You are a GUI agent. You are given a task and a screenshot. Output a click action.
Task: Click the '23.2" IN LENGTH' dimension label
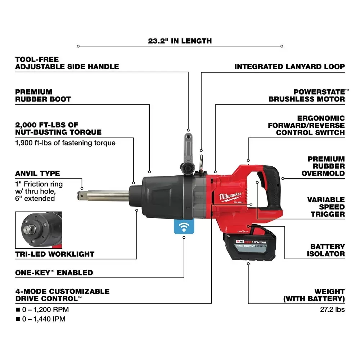tap(180, 41)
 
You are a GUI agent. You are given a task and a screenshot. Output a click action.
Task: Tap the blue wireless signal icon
tap(184, 226)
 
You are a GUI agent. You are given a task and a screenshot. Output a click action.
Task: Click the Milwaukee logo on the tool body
tap(230, 196)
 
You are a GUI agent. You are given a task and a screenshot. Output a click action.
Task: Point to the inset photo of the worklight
tap(39, 230)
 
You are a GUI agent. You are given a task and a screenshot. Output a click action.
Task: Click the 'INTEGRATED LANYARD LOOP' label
tap(289, 67)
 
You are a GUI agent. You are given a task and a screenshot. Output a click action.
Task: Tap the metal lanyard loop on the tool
tap(201, 163)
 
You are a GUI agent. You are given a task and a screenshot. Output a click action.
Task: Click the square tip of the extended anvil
tap(80, 196)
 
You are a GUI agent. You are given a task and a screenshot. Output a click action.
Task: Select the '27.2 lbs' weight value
tap(332, 309)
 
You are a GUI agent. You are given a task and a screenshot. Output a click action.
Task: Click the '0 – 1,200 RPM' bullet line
tap(42, 310)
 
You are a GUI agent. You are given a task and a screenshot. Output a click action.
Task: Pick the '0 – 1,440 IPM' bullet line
tap(41, 319)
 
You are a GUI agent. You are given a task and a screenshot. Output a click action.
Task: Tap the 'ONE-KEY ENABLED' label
tap(54, 273)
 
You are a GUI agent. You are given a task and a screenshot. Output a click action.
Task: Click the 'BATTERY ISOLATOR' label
tap(326, 250)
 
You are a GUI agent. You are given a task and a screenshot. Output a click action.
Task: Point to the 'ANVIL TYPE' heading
tap(38, 174)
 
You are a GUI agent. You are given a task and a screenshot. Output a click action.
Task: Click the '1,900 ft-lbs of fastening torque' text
tap(65, 143)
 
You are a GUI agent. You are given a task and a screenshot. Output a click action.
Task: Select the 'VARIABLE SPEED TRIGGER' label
tap(326, 207)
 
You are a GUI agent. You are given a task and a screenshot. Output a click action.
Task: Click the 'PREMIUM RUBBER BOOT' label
tap(43, 95)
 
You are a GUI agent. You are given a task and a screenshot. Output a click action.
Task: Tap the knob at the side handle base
tap(188, 168)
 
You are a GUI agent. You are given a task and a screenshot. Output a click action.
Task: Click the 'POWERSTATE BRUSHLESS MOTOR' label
tap(307, 95)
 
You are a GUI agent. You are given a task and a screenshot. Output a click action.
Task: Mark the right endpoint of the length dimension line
tap(282, 46)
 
